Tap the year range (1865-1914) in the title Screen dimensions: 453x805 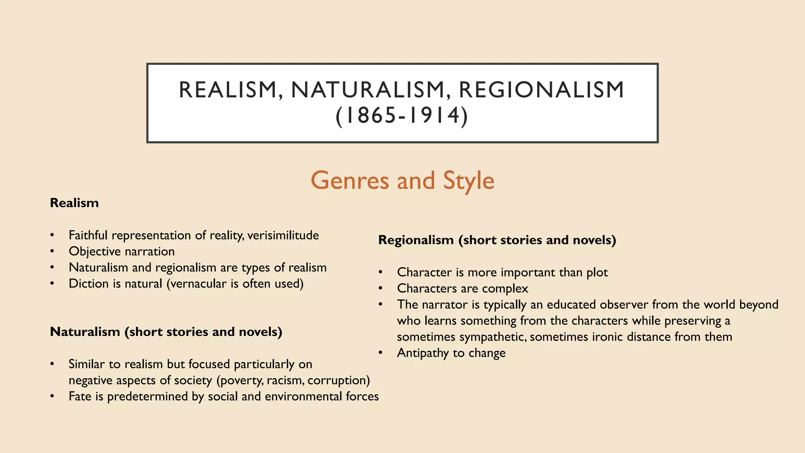click(402, 116)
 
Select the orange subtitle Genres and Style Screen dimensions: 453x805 click(402, 180)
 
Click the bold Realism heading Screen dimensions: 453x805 click(74, 203)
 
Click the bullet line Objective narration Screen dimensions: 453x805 click(121, 251)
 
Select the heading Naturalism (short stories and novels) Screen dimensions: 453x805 click(166, 332)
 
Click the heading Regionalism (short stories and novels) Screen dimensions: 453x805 click(497, 240)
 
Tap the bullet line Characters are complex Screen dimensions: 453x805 click(462, 288)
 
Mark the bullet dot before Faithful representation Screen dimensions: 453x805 click(52, 235)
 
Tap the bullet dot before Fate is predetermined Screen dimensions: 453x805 click(52, 396)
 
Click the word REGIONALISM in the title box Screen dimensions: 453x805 click(541, 90)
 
